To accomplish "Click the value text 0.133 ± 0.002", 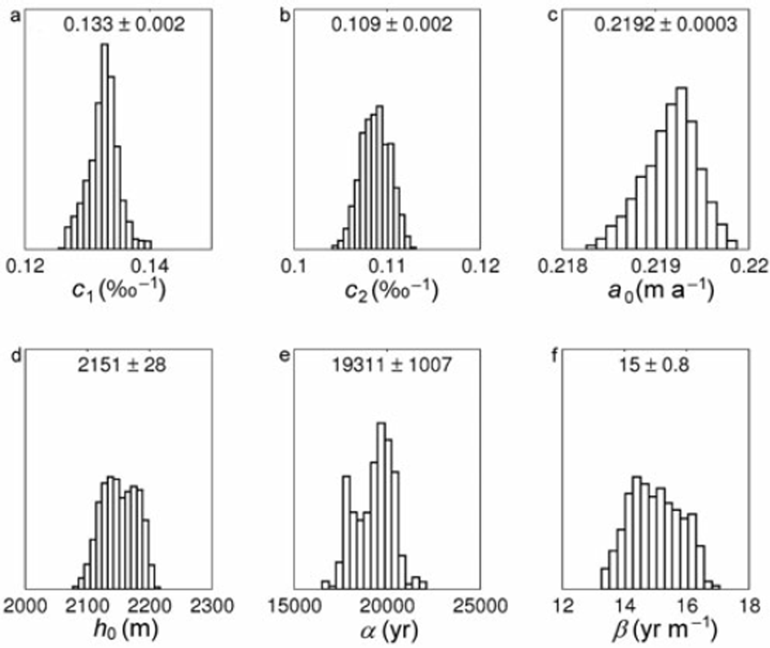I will [124, 25].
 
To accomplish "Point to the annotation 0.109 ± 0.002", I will [391, 25].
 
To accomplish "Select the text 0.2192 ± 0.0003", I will [665, 25].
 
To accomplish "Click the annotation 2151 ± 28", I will [121, 365].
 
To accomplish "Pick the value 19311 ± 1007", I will [392, 365].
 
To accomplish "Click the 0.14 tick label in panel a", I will [150, 266].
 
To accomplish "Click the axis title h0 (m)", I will [125, 630].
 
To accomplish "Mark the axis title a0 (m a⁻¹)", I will [661, 290].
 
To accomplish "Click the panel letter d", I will [16, 356].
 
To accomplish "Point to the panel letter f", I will [553, 356].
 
